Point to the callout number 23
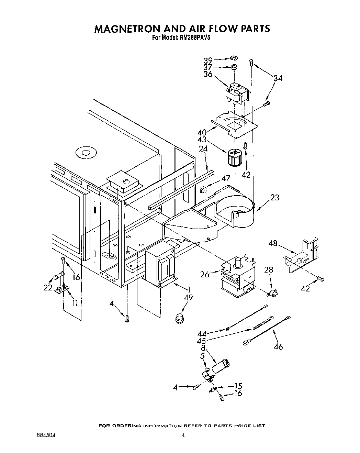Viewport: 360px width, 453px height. point(274,198)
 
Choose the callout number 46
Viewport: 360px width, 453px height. point(278,346)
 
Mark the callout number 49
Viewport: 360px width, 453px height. point(188,298)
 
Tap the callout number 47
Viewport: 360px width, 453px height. point(225,178)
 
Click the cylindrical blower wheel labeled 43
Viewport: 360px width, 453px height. point(235,157)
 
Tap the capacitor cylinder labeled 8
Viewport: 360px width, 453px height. point(220,366)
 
